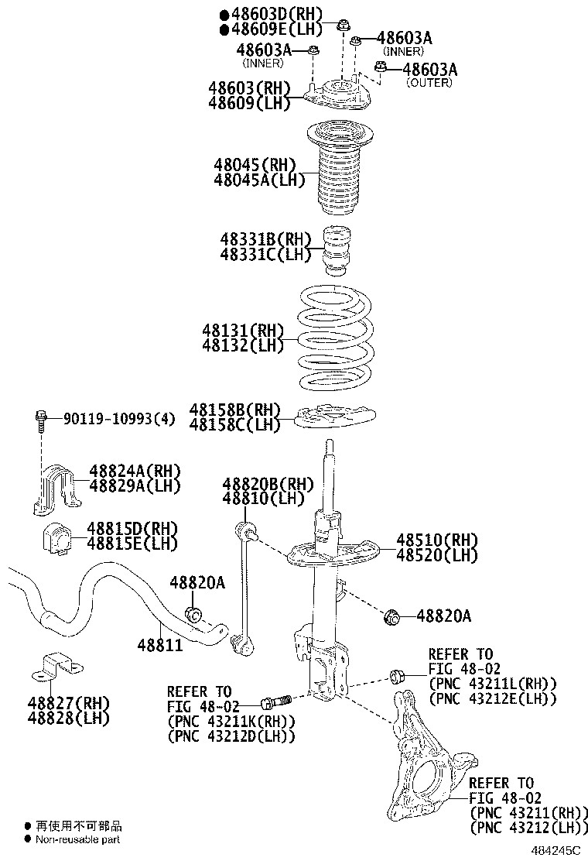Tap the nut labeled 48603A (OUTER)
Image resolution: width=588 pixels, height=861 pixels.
380,68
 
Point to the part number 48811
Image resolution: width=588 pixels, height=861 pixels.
160,644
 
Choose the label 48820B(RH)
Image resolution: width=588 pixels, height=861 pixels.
258,484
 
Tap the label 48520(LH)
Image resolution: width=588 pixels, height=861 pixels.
437,554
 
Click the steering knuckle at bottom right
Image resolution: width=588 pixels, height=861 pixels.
422,774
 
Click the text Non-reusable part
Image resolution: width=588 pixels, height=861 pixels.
77,839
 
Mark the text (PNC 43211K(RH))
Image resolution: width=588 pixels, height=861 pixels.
231,721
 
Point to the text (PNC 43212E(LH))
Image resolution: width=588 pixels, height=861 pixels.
493,698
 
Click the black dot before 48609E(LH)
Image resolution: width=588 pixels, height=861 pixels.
224,29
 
